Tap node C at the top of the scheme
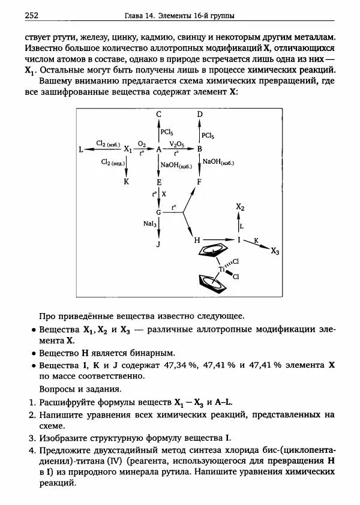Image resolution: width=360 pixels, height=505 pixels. click(x=159, y=114)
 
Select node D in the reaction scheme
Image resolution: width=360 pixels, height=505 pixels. click(x=200, y=114)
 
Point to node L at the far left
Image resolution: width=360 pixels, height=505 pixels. click(x=81, y=149)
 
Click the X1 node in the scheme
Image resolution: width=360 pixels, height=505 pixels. click(x=128, y=150)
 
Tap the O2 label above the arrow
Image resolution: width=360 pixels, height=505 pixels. click(x=142, y=145)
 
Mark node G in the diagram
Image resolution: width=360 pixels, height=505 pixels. click(x=158, y=213)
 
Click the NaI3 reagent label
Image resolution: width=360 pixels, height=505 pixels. click(x=150, y=223)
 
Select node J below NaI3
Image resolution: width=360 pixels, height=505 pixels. click(x=159, y=245)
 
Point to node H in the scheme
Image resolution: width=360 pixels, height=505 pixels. click(x=196, y=241)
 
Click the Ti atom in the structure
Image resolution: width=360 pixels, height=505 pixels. click(x=221, y=270)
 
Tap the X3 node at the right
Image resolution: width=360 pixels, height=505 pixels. click(x=275, y=251)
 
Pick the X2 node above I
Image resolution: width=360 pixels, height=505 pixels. click(x=240, y=207)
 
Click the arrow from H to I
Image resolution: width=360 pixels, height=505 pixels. click(x=219, y=241)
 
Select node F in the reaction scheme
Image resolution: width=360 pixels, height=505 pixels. click(x=200, y=181)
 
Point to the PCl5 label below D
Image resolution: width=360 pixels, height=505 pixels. click(x=209, y=135)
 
